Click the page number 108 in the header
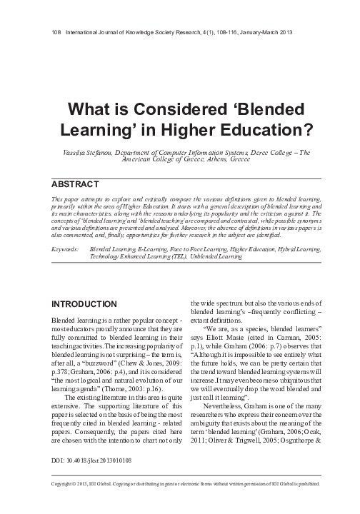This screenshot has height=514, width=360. click(57, 34)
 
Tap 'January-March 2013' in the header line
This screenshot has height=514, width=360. click(268, 34)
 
